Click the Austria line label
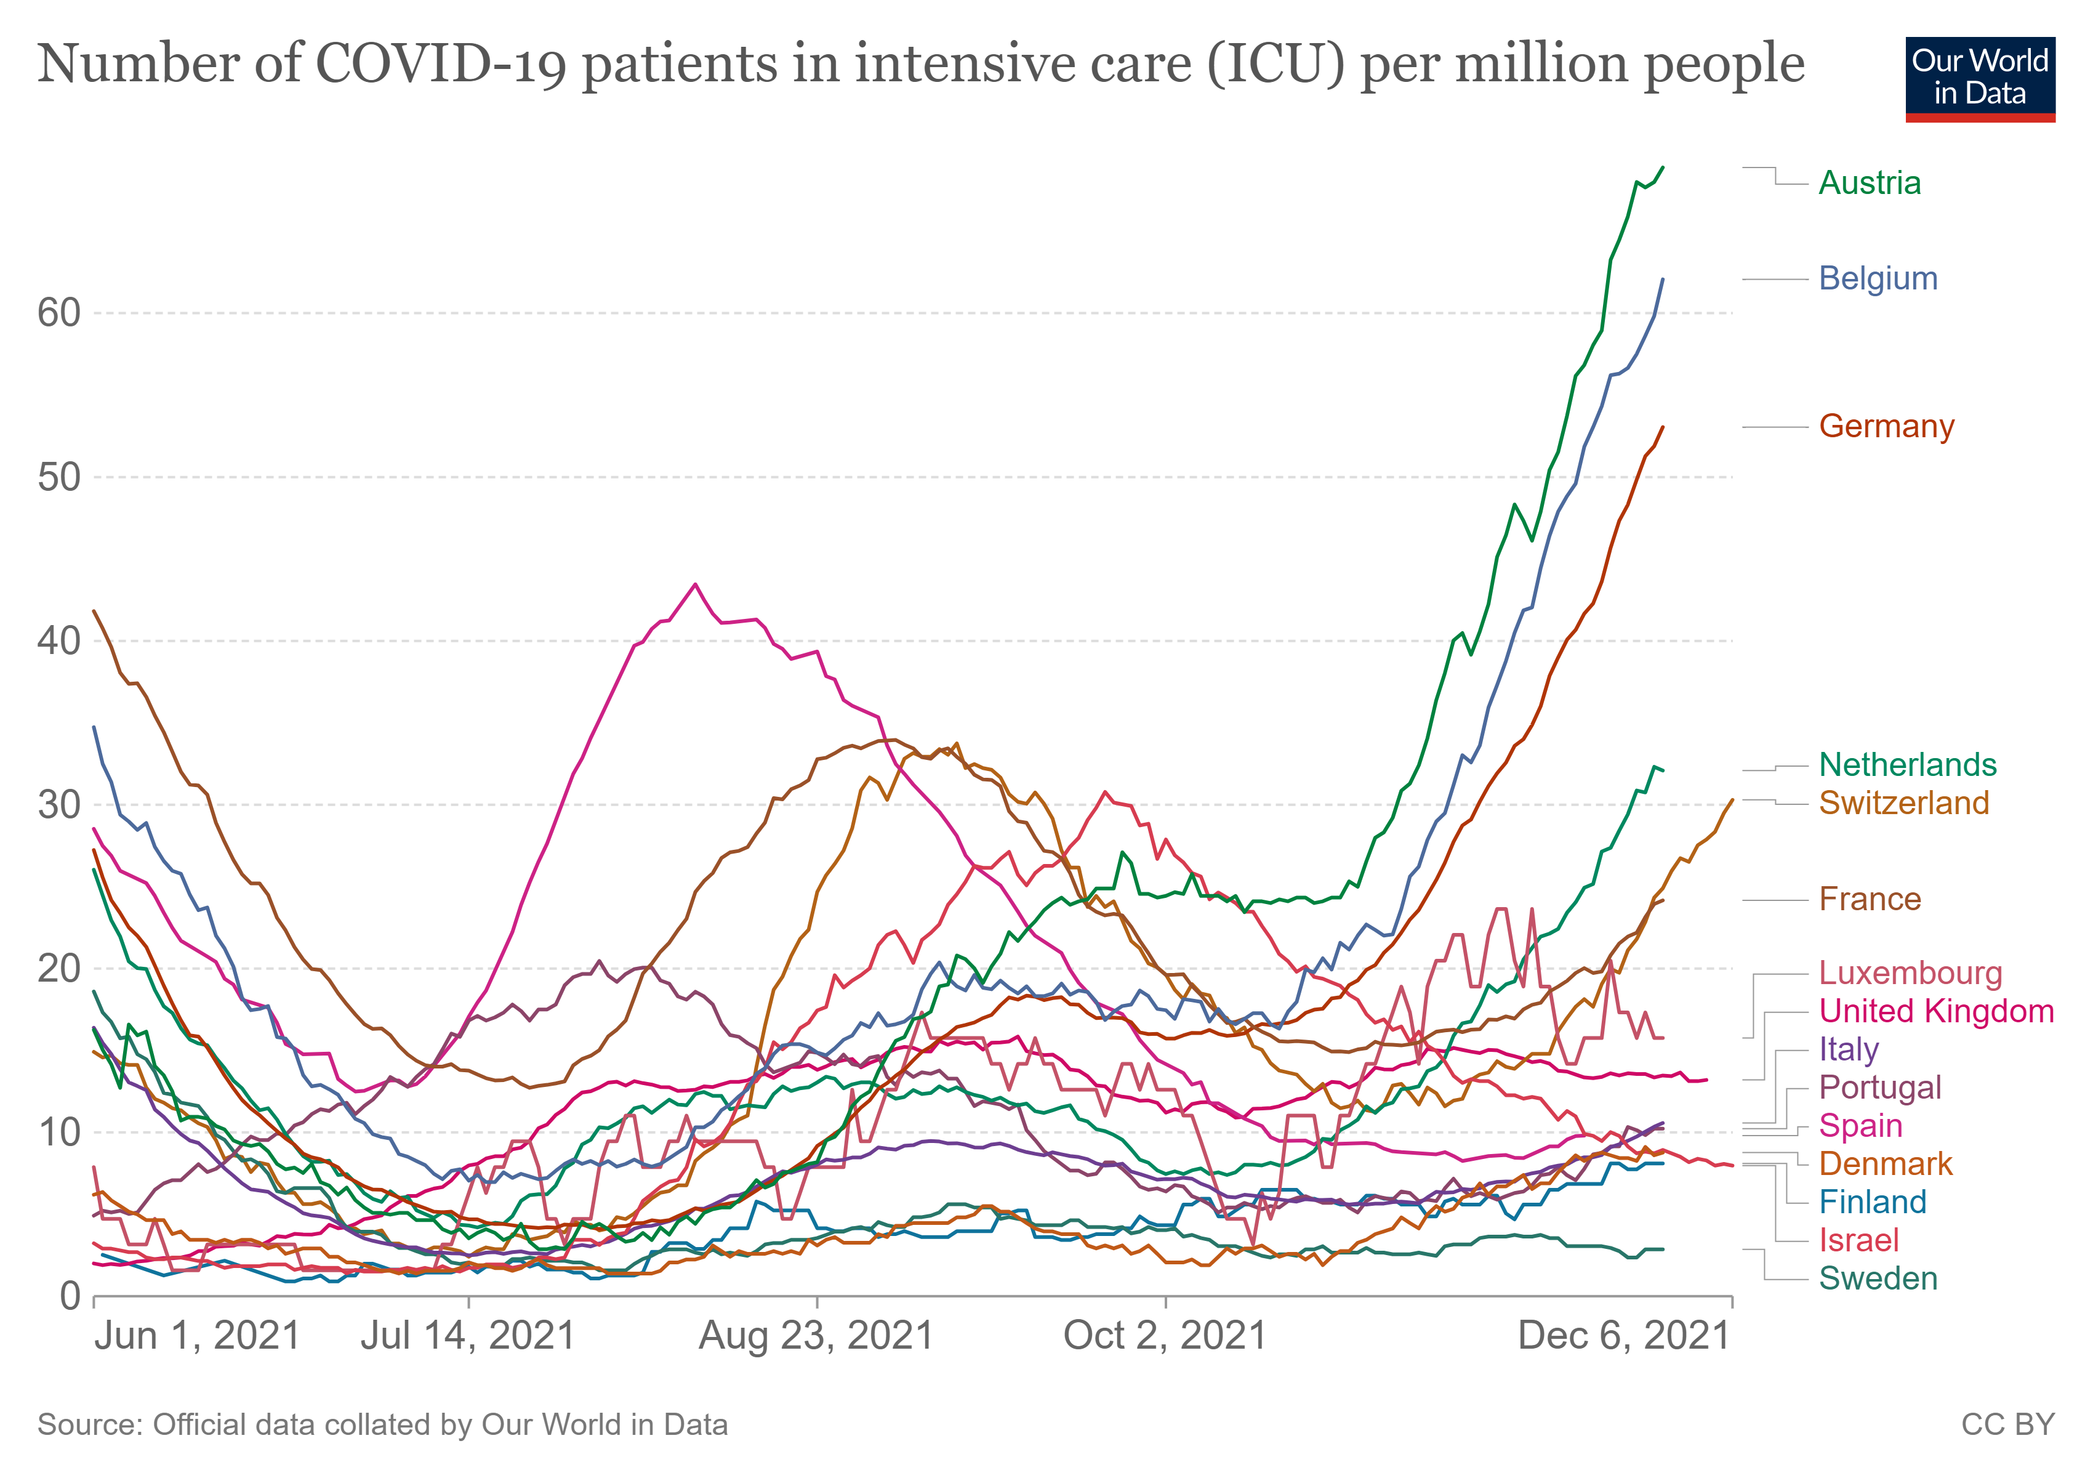1869,184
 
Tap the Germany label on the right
1886,427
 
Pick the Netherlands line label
1907,764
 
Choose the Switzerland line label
1903,802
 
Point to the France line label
1870,899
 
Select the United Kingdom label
1935,1011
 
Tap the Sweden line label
1878,1278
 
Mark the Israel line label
1858,1240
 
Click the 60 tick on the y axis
59,313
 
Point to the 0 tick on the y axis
71,1296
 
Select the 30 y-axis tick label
59,804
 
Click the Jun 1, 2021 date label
197,1336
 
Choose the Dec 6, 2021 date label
1623,1336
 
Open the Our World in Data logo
1979,78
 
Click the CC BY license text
2007,1425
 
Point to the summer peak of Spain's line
696,584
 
